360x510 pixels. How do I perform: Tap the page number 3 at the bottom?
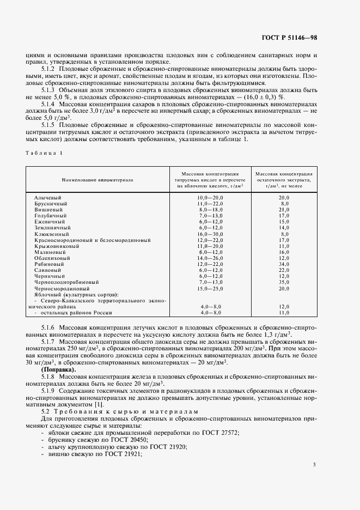coord(314,464)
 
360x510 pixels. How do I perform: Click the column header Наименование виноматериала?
coord(97,179)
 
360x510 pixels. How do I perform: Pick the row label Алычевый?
coord(47,197)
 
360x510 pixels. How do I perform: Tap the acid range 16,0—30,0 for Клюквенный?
coord(211,234)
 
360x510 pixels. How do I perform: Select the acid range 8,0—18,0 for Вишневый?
coord(211,209)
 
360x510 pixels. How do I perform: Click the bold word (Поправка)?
coord(58,370)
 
